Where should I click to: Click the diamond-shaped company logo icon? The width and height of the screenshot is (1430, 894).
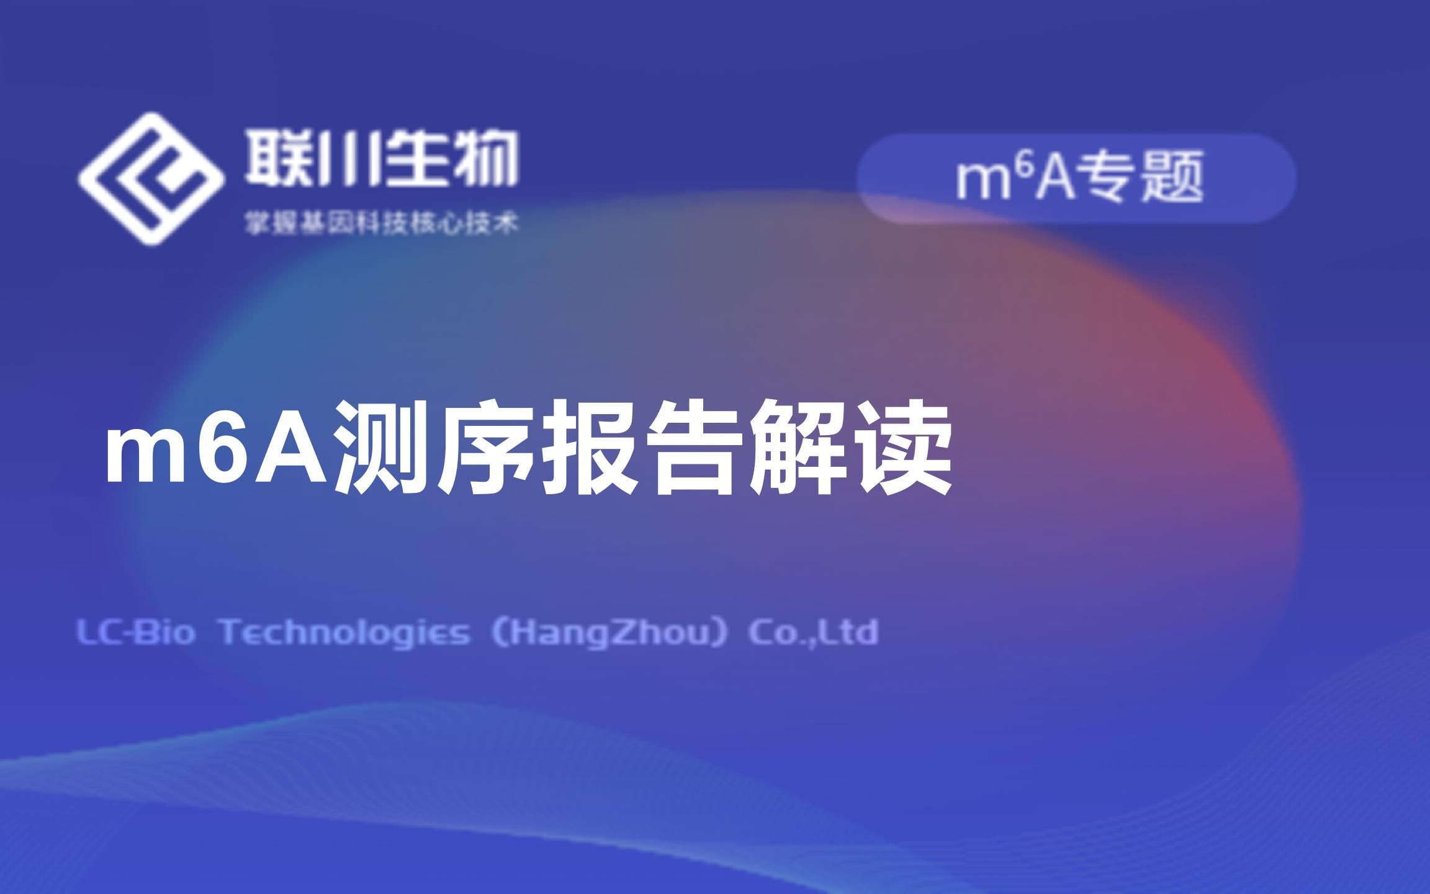tap(151, 179)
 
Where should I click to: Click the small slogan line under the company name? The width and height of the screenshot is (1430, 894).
tap(381, 223)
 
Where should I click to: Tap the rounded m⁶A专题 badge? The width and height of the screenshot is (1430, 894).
tap(1077, 178)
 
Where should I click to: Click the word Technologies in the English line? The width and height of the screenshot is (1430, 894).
tap(345, 633)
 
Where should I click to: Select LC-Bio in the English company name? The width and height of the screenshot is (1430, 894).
tap(135, 633)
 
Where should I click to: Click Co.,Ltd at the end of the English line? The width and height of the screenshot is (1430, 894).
tap(814, 632)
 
